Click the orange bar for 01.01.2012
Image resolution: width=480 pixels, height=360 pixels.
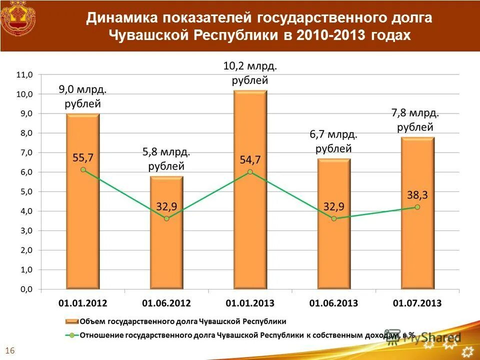(83, 225)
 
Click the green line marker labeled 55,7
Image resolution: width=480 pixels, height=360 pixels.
(83, 169)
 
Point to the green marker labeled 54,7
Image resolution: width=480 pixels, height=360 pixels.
(250, 171)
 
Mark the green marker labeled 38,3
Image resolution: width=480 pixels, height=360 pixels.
(417, 207)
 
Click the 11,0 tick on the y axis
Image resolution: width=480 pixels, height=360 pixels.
(24, 74)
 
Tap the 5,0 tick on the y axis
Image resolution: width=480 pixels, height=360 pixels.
(24, 191)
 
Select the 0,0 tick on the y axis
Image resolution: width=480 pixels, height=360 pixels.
(24, 289)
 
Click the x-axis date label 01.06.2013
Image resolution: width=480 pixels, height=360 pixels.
(333, 303)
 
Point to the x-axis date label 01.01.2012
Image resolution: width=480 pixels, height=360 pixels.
(83, 303)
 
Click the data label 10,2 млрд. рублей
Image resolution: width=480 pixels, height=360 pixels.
(250, 72)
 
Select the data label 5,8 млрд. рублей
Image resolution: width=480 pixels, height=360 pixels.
(166, 158)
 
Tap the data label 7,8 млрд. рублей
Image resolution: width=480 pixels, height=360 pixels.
(415, 120)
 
